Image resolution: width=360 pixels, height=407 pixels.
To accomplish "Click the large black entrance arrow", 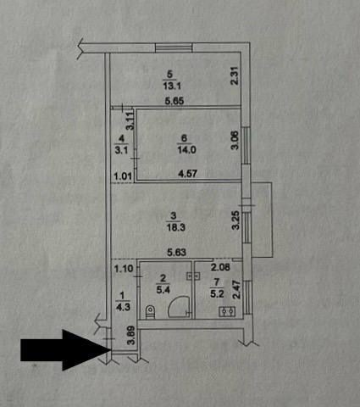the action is point(65,349).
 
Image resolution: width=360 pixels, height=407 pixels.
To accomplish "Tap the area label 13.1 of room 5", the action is point(171,86).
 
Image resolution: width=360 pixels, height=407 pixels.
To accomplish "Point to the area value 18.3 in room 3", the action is point(176,227).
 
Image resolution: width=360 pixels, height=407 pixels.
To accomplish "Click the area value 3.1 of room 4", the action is point(121,150).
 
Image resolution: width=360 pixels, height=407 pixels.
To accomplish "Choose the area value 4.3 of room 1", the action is point(123,307).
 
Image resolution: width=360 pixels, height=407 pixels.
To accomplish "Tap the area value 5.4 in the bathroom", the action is point(163,290).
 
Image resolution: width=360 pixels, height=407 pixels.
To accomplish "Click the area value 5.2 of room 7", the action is point(217,293).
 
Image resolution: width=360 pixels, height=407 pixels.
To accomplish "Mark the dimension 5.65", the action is point(174,101).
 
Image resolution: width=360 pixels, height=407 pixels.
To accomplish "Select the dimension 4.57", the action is point(187,173).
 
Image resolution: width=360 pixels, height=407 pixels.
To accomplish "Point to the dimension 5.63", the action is point(176,252).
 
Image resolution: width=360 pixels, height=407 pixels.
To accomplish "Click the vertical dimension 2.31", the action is point(235,75).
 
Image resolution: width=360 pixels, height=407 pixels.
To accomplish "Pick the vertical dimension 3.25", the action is point(235,220).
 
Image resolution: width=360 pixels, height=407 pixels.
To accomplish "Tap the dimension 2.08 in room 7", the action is point(220,267).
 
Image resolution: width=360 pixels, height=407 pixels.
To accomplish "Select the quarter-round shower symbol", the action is point(179,306).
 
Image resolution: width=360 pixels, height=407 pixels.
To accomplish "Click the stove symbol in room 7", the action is point(227,312).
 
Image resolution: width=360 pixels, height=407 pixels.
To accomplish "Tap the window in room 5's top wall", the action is point(174,47).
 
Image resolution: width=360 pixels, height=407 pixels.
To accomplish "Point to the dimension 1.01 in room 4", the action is point(123,176).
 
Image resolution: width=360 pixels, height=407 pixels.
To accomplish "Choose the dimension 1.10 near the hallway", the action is point(124,268).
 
